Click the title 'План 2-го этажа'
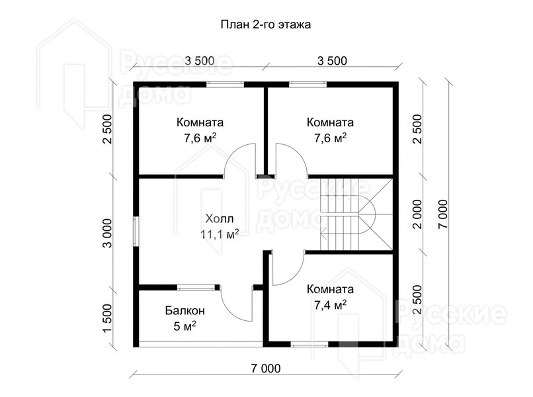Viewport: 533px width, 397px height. pyautogui.click(x=265, y=25)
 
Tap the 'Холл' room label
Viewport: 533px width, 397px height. pyautogui.click(x=220, y=219)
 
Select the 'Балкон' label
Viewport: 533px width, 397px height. pyautogui.click(x=185, y=310)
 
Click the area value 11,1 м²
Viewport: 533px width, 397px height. pyautogui.click(x=220, y=234)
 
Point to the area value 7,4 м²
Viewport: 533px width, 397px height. pyautogui.click(x=330, y=305)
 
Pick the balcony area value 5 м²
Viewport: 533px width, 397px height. pyautogui.click(x=185, y=326)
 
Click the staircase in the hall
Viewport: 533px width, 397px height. pyautogui.click(x=356, y=214)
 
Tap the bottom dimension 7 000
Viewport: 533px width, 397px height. pyautogui.click(x=266, y=369)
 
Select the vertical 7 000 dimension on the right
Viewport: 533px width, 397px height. pyautogui.click(x=443, y=214)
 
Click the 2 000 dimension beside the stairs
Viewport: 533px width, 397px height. pyautogui.click(x=418, y=214)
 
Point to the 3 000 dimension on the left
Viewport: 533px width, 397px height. pyautogui.click(x=106, y=233)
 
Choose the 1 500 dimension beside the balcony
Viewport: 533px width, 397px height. pyautogui.click(x=106, y=318)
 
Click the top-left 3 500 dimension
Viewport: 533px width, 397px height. pyautogui.click(x=200, y=61)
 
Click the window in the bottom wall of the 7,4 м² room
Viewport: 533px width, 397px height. pyautogui.click(x=309, y=344)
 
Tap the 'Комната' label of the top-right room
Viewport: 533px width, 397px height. pyautogui.click(x=330, y=122)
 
